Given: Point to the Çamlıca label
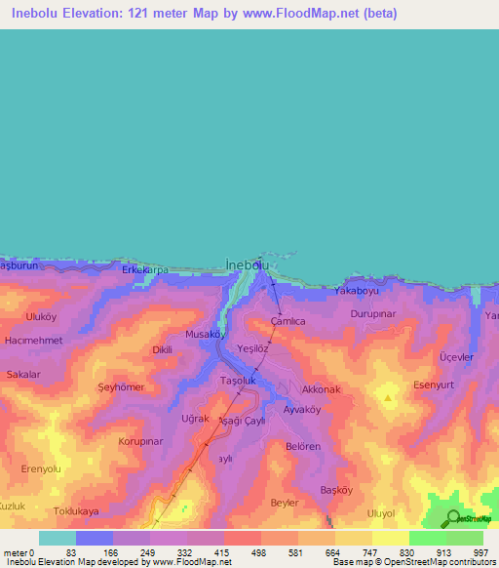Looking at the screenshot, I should tap(288, 321).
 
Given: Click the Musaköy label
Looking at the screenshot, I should tap(206, 334).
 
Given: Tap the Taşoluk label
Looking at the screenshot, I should tap(238, 380).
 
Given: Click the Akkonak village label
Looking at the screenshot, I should tap(322, 389).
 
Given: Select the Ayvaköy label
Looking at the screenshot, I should tap(301, 409).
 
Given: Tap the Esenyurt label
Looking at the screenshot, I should tap(436, 384).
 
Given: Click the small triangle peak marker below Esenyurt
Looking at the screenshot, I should tap(389, 398).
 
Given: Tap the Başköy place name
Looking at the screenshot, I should tap(340, 489).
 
